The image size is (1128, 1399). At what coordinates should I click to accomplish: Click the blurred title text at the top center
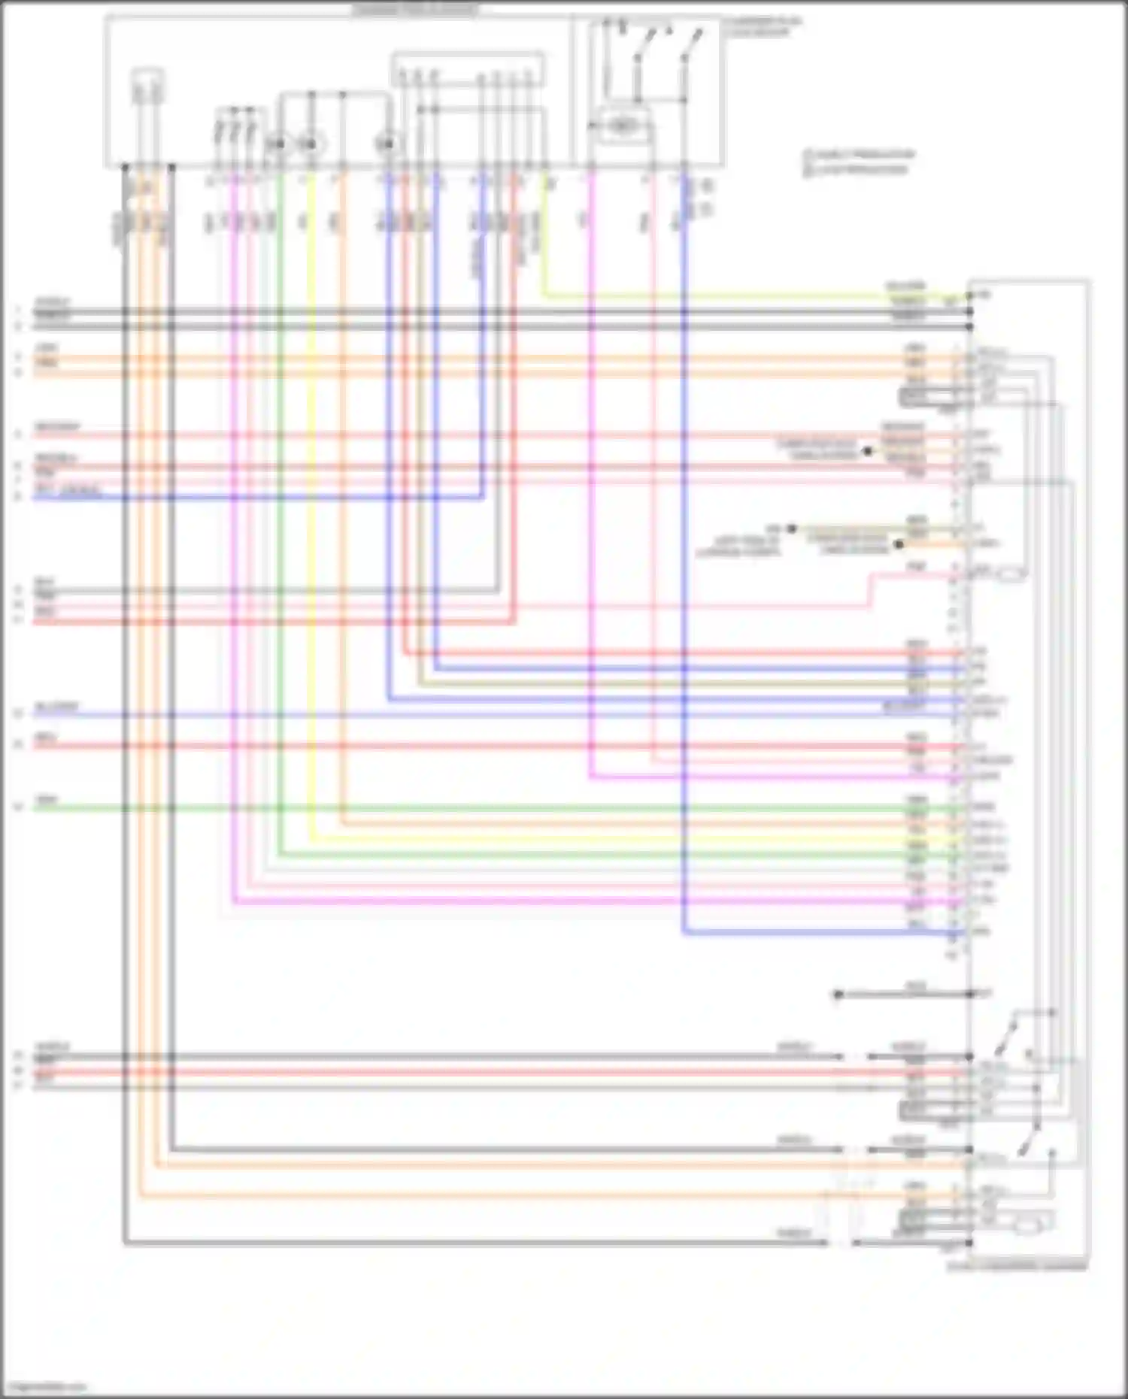414,10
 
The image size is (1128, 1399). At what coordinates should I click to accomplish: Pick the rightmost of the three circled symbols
388,143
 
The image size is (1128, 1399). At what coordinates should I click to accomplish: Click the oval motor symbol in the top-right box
621,126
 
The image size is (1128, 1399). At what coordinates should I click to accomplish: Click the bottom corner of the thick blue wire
684,933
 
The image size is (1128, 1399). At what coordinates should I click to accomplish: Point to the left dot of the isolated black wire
838,995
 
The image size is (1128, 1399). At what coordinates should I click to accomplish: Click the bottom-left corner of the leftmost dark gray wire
125,1243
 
